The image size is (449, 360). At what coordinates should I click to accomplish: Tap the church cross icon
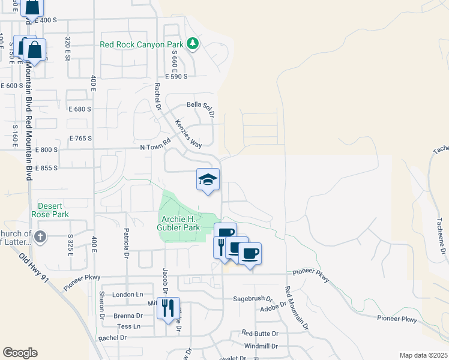40,236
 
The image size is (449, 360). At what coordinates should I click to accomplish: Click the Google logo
20,353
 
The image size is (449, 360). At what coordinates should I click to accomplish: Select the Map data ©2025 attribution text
423,355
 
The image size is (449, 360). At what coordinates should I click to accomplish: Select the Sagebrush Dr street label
253,298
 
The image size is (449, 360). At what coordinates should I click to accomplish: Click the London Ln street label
128,295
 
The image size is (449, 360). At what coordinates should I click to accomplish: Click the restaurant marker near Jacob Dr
167,310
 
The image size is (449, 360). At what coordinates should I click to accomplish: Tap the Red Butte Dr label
260,333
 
